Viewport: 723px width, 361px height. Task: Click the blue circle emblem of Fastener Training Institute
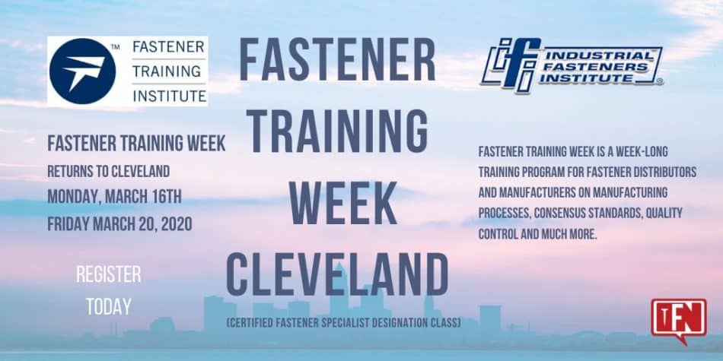[x=82, y=71]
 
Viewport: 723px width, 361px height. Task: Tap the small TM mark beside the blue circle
[x=115, y=47]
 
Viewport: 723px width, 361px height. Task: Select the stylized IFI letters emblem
[x=511, y=65]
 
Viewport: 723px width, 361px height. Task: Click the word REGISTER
[x=108, y=274]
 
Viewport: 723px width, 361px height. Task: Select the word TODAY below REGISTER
[x=108, y=307]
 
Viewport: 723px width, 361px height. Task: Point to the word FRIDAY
[x=68, y=224]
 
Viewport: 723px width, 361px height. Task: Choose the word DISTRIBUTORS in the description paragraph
[x=662, y=173]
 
